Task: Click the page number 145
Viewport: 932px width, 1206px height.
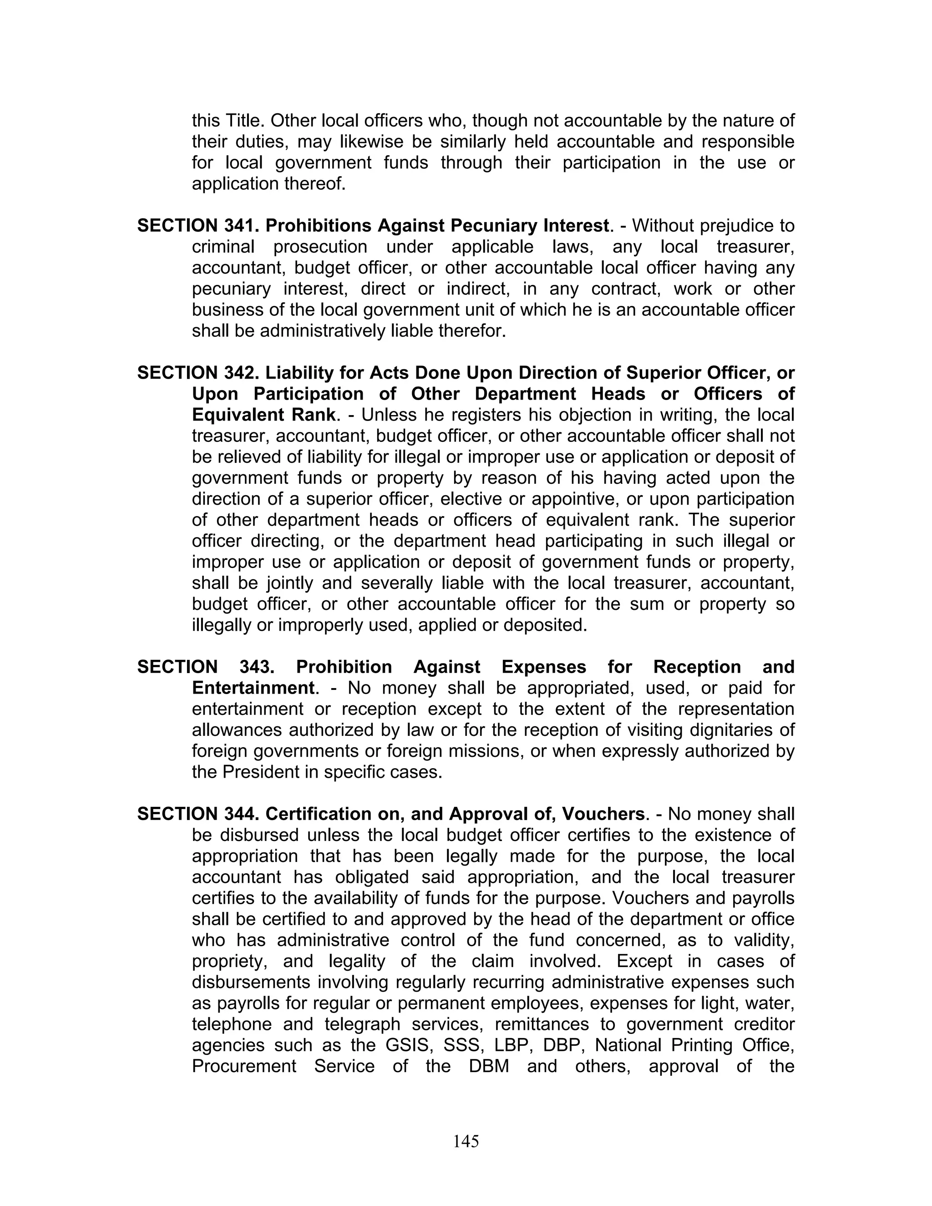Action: pyautogui.click(x=466, y=1141)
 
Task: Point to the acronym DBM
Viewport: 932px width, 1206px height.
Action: pyautogui.click(x=489, y=1066)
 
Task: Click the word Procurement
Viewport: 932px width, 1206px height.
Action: pyautogui.click(x=244, y=1066)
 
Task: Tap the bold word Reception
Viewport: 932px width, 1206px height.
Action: pyautogui.click(x=697, y=667)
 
